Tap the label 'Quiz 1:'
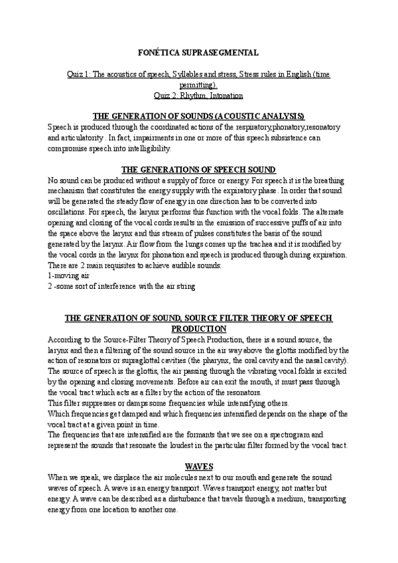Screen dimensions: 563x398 [82, 75]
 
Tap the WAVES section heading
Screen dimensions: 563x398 [199, 467]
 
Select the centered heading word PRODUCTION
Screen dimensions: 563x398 [199, 329]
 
